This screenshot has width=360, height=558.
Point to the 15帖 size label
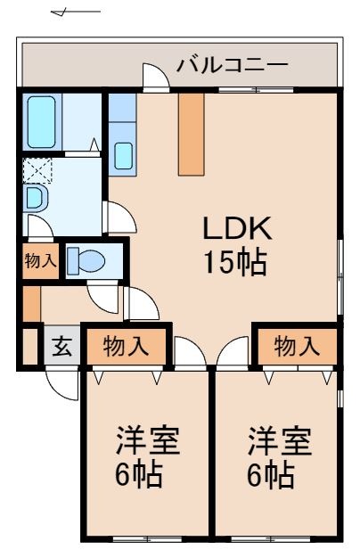pos(234,263)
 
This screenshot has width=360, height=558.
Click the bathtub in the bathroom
pos(42,122)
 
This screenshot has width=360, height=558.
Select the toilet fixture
pos(87,260)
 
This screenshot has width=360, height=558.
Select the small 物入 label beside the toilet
pos(39,261)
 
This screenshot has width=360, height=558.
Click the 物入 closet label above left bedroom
pos(126,347)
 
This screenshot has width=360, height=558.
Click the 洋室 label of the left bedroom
pos(148,441)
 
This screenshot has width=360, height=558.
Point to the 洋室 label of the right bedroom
pos(279,441)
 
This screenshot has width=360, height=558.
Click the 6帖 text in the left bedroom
pos(139,474)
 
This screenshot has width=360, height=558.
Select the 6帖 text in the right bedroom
pos(270,474)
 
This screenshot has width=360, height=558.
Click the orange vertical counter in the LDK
pos(192,134)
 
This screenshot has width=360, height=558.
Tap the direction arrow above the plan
pos(75,12)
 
